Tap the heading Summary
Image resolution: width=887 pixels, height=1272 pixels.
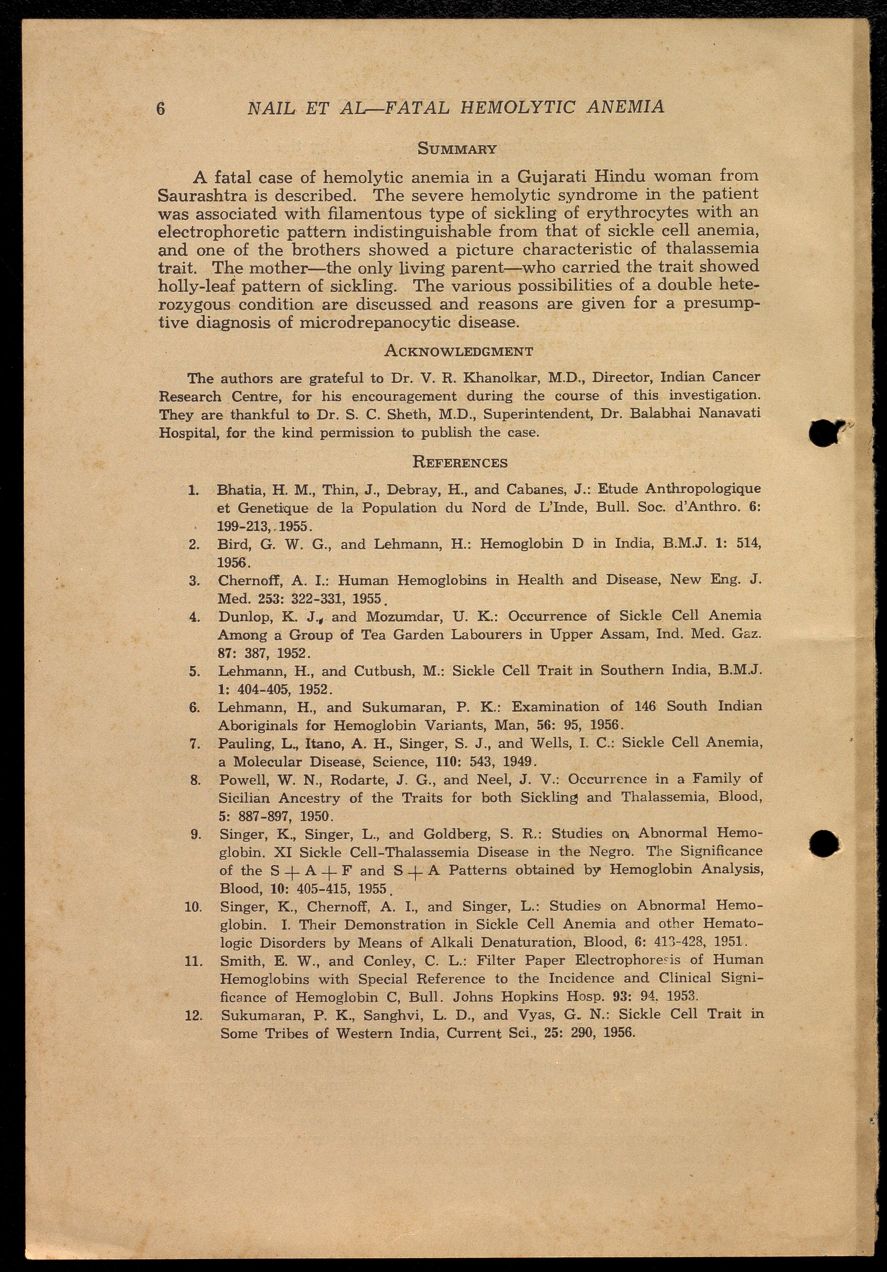coord(457,149)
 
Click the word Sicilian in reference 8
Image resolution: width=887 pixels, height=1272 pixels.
coord(245,798)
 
